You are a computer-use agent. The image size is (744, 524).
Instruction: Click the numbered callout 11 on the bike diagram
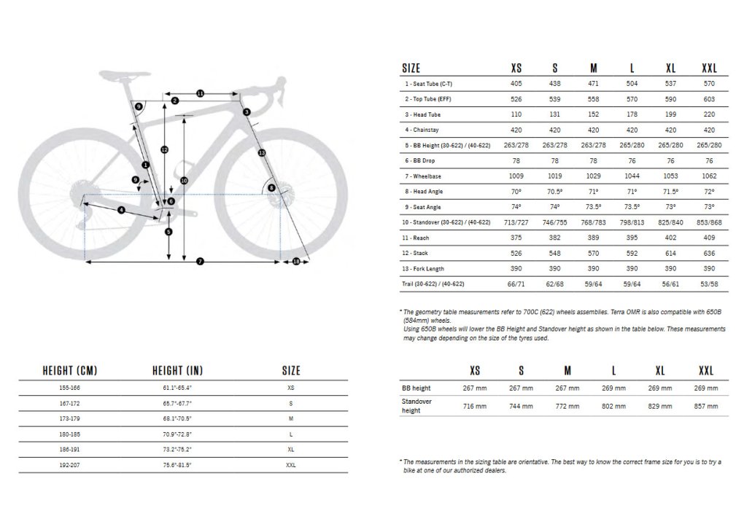(200, 93)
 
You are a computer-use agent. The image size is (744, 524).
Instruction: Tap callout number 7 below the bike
(199, 261)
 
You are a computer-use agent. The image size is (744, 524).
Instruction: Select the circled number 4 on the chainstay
(121, 210)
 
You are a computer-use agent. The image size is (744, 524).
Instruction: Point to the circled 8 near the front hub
(271, 188)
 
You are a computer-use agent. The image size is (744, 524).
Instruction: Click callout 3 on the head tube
(247, 112)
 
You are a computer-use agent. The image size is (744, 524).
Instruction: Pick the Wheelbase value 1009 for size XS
(516, 176)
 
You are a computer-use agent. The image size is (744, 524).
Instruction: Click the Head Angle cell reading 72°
(709, 192)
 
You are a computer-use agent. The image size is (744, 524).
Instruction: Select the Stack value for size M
(593, 253)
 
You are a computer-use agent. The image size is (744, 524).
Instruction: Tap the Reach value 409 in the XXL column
(709, 238)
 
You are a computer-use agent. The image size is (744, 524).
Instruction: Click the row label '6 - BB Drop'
(422, 161)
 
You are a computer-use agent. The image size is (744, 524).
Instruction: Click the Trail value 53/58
(709, 283)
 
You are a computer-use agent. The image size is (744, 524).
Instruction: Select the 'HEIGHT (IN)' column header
(177, 370)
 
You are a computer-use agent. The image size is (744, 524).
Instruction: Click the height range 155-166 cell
(70, 388)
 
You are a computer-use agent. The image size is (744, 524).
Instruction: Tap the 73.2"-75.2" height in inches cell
(177, 450)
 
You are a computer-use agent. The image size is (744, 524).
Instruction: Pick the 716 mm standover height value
(475, 406)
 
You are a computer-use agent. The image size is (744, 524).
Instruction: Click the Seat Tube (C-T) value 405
(516, 84)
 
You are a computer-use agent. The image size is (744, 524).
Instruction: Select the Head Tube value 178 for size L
(632, 115)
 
